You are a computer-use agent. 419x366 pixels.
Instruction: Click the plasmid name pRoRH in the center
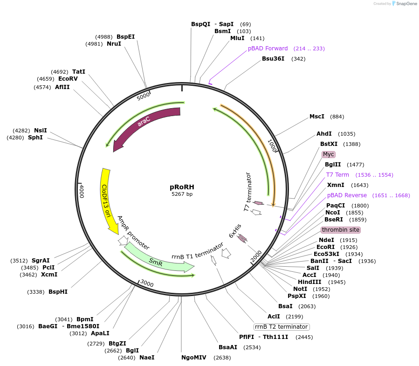click(182, 187)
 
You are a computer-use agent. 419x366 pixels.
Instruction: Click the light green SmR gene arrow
click(156, 262)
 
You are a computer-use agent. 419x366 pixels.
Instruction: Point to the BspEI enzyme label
click(125, 36)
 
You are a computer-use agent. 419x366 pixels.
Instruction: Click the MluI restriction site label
click(238, 38)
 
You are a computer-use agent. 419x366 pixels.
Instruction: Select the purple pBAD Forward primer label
click(268, 48)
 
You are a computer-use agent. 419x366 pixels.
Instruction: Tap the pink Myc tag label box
click(329, 154)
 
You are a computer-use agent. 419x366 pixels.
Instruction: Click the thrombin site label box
click(341, 230)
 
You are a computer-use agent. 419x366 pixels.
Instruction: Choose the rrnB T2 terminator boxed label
click(281, 327)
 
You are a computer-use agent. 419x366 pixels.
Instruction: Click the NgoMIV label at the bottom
click(193, 358)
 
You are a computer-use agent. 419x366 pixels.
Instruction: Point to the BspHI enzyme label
click(58, 292)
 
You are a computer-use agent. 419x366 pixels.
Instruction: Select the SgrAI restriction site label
click(41, 261)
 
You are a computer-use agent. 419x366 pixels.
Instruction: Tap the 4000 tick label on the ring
click(82, 191)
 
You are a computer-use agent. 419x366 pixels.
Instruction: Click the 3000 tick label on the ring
click(146, 283)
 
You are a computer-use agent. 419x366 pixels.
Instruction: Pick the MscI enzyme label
click(317, 116)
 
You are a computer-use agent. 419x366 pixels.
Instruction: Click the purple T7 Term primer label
click(337, 175)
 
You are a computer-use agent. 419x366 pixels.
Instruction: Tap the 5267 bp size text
click(182, 194)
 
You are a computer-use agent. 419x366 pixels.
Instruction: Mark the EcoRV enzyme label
click(68, 79)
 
